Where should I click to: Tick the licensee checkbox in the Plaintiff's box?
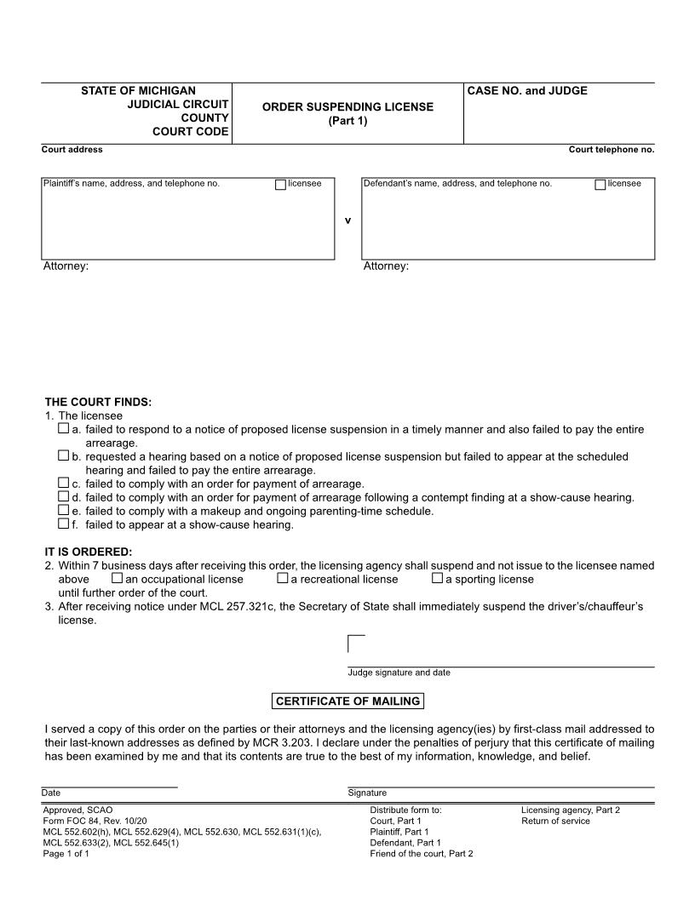click(x=280, y=185)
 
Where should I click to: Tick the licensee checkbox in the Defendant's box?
click(x=600, y=185)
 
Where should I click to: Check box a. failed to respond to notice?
click(x=64, y=430)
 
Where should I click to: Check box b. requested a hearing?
click(x=64, y=456)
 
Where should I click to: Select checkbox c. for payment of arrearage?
click(x=64, y=483)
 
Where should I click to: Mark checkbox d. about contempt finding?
click(x=64, y=496)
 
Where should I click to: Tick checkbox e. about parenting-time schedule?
click(x=64, y=510)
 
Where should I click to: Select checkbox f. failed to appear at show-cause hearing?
click(x=64, y=524)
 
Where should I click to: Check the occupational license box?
click(x=118, y=579)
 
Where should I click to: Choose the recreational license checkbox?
click(x=282, y=579)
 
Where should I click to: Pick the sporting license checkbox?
click(x=437, y=579)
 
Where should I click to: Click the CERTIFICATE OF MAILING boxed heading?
click(x=347, y=701)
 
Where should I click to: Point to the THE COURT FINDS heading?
click(x=98, y=402)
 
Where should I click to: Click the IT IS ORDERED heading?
click(x=89, y=552)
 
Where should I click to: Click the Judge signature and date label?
click(x=399, y=673)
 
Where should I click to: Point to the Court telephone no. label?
click(x=611, y=150)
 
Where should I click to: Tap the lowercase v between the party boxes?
click(x=347, y=220)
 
